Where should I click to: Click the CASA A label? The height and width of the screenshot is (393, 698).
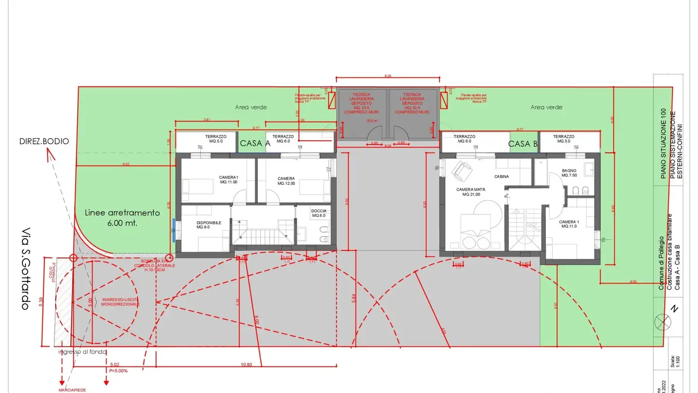(255, 143)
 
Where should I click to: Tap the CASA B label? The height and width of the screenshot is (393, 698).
(523, 144)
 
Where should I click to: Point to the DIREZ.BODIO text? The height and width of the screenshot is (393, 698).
(44, 141)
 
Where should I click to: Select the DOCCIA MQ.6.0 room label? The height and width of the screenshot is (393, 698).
(319, 213)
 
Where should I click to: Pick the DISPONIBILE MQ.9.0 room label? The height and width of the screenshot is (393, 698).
(209, 225)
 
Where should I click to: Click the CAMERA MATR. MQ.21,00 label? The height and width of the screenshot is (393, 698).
(471, 192)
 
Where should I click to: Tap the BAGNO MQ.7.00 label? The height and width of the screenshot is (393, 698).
(569, 173)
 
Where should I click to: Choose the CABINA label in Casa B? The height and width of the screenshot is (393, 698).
(501, 177)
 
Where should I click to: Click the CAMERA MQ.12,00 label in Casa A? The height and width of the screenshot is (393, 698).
(286, 181)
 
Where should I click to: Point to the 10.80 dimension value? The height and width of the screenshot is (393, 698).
(246, 364)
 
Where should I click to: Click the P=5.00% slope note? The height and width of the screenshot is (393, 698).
(118, 370)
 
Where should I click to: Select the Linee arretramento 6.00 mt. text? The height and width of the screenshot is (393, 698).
(122, 218)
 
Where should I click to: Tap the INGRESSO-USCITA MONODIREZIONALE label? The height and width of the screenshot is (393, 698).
(120, 302)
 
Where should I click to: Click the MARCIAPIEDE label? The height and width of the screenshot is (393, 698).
(73, 390)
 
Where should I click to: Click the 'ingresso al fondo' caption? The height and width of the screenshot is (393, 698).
(82, 352)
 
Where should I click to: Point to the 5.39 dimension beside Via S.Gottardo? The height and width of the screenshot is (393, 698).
(41, 301)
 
